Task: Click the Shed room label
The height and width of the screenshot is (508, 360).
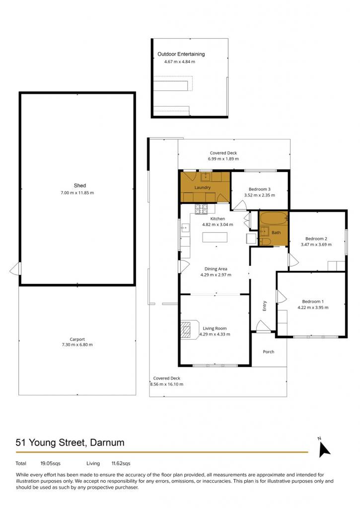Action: click(x=80, y=186)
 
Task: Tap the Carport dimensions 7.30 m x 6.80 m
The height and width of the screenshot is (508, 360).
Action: click(x=77, y=345)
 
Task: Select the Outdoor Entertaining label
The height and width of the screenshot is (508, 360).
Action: click(x=181, y=54)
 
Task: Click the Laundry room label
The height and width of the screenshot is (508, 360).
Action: click(x=203, y=188)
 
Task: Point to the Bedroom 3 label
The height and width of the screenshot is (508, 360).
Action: click(x=260, y=189)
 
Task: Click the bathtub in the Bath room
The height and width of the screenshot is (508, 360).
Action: click(x=274, y=219)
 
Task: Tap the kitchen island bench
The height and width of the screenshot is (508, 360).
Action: click(x=215, y=237)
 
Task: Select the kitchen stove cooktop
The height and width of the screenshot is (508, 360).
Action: click(x=201, y=209)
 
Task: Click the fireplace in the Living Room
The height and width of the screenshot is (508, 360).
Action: click(x=190, y=330)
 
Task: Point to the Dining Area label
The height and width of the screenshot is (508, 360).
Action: click(x=216, y=269)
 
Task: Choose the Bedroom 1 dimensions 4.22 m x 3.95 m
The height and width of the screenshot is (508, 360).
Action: click(x=313, y=308)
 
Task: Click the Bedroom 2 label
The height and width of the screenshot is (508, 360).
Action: click(x=316, y=239)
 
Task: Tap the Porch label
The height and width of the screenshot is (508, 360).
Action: click(x=269, y=352)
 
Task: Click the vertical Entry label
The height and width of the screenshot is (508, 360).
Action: click(x=264, y=306)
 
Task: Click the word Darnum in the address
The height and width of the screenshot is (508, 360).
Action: click(x=107, y=443)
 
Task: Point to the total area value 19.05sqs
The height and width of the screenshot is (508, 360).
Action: click(x=51, y=463)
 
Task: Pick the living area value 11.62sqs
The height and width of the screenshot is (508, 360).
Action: click(x=121, y=463)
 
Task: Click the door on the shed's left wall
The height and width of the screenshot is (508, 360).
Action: click(x=15, y=269)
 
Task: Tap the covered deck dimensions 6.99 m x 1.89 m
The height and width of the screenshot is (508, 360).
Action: click(x=223, y=159)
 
